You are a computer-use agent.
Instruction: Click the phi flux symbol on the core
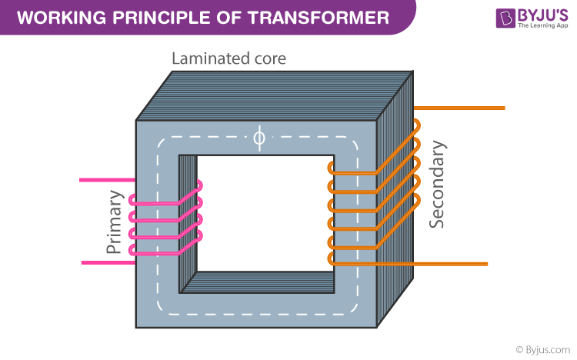click(258, 138)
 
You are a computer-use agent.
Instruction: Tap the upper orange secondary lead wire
click(462, 108)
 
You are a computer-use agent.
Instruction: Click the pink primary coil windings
click(165, 219)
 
